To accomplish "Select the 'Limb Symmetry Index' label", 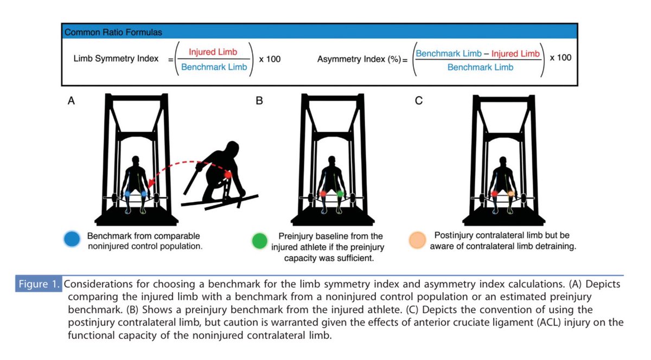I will click(116, 59).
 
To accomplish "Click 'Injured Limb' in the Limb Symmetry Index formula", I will click(210, 53).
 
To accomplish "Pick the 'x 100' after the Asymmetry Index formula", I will click(560, 57).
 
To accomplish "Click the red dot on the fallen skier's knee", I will click(228, 175).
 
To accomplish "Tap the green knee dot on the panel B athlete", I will click(340, 193).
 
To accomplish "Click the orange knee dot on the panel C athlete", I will click(510, 193).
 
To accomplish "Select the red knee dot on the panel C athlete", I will click(495, 193).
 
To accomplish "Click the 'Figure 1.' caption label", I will click(39, 284).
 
